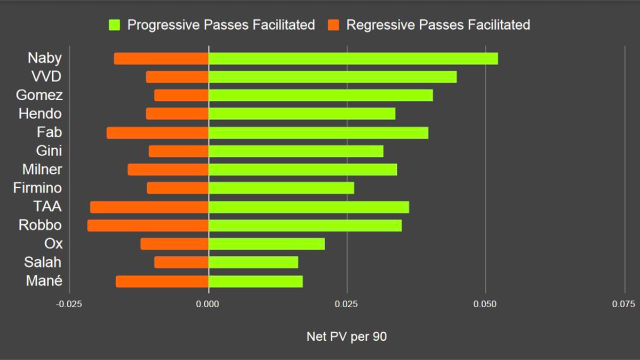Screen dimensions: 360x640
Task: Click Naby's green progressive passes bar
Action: pos(353,58)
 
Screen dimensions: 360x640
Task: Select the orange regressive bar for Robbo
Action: pos(148,225)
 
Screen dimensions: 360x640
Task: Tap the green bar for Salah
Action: pos(253,262)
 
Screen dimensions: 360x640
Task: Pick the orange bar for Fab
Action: pos(157,132)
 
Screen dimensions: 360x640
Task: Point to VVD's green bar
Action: pos(332,77)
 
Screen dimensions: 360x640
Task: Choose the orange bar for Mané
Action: pos(162,281)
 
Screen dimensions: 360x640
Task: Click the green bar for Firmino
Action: pos(281,188)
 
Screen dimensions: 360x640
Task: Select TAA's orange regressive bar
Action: pos(149,207)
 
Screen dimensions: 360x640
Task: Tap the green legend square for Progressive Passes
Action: pos(115,25)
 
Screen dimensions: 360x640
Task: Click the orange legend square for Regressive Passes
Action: pos(334,25)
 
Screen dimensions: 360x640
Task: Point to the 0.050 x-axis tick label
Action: pos(485,304)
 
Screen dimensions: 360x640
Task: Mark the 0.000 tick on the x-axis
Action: pos(208,304)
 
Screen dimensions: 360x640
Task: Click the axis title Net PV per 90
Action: pos(347,337)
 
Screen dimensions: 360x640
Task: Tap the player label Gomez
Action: pos(39,95)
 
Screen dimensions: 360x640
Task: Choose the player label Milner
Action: pos(42,170)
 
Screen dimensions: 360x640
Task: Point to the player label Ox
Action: pos(53,244)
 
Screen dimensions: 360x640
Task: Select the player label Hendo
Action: pos(40,114)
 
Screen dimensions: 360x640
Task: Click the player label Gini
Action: pos(49,151)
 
